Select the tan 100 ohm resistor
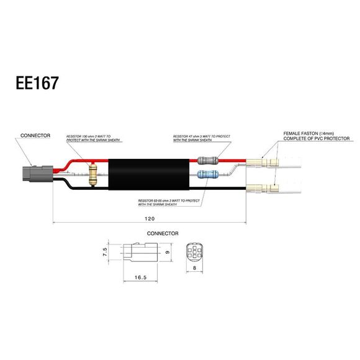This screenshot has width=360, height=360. [94, 174]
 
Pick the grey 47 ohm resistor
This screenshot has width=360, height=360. [208, 160]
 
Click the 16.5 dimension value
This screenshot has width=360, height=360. [142, 279]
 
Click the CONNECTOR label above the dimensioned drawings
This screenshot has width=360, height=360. [162, 233]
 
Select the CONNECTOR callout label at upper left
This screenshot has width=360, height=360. [35, 135]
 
